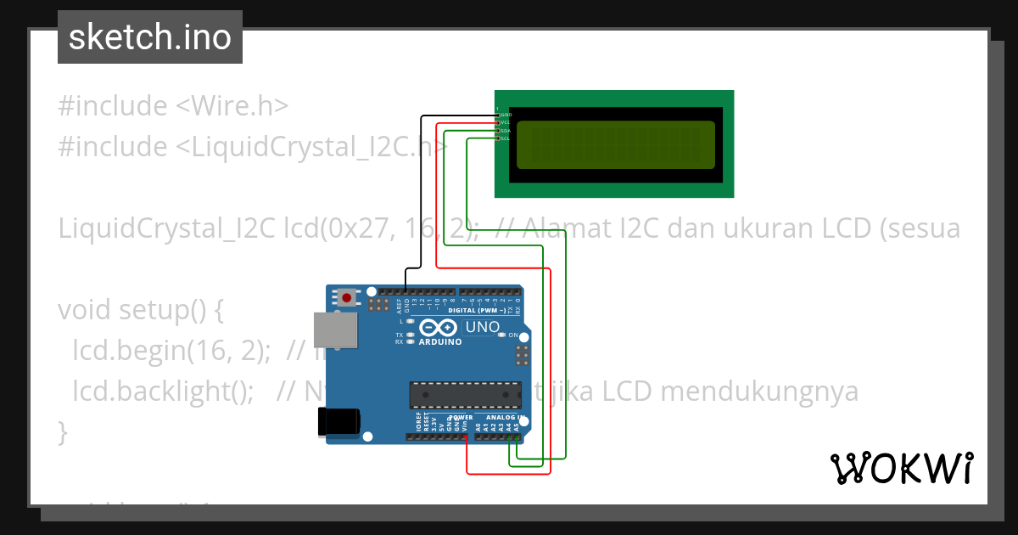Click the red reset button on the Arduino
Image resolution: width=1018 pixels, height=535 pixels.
[346, 297]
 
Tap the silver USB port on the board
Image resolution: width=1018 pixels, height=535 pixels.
[335, 329]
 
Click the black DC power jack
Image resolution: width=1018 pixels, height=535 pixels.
[338, 421]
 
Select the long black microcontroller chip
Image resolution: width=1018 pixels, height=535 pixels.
[466, 395]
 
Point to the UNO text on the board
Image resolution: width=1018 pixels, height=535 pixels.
[483, 327]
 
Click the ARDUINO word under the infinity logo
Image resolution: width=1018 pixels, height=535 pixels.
[440, 341]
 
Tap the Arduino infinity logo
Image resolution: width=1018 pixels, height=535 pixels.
[438, 327]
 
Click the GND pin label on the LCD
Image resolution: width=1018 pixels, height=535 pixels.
[506, 114]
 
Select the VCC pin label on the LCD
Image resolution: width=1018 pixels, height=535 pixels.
[506, 122]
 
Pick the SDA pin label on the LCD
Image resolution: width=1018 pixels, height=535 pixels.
[506, 131]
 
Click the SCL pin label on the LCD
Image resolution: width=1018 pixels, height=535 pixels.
[506, 138]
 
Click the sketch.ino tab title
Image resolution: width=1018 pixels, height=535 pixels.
[150, 37]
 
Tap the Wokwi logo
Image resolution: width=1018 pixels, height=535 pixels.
[901, 468]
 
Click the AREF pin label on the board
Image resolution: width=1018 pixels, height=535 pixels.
[399, 302]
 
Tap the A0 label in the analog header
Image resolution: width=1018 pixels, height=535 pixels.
[478, 427]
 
